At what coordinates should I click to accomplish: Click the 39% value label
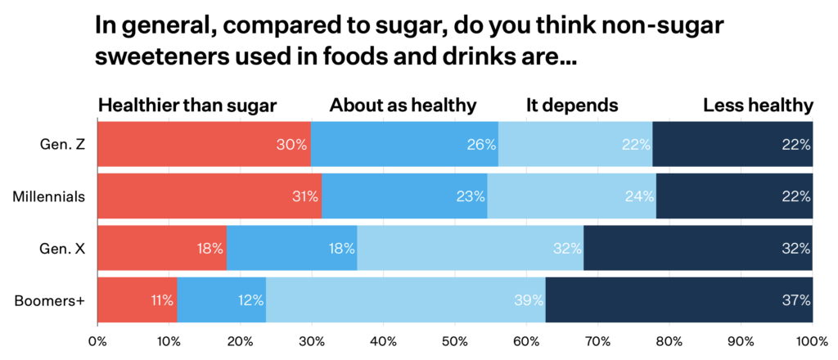pyautogui.click(x=529, y=300)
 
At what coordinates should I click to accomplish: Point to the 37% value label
pyautogui.click(x=795, y=300)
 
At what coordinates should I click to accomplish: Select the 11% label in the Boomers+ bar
pyautogui.click(x=161, y=300)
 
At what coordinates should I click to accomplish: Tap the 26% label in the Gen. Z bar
pyautogui.click(x=482, y=145)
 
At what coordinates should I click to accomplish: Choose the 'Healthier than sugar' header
pyautogui.click(x=187, y=106)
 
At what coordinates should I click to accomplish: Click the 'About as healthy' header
pyautogui.click(x=403, y=106)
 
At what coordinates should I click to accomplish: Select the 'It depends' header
pyautogui.click(x=571, y=106)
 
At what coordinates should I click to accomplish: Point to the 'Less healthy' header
pyautogui.click(x=758, y=106)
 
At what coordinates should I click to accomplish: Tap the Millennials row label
pyautogui.click(x=49, y=196)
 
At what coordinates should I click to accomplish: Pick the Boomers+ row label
pyautogui.click(x=49, y=300)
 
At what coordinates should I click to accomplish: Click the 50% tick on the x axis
pyautogui.click(x=454, y=341)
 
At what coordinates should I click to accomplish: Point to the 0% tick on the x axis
pyautogui.click(x=97, y=341)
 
